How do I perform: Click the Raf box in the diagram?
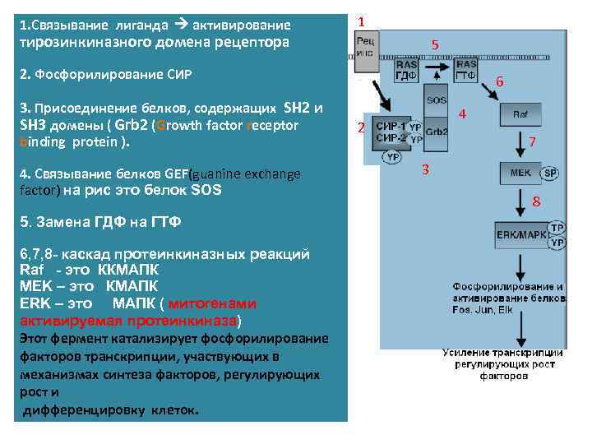520,115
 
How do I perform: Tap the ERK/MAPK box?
520,234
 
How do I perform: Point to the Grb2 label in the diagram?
437,132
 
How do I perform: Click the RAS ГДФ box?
407,70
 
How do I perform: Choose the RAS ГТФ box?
466,70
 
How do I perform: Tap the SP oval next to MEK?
550,173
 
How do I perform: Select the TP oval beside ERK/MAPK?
557,228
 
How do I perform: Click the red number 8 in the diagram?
535,202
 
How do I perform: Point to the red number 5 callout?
435,44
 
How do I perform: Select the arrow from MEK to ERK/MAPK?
520,203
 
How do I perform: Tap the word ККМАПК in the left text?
128,270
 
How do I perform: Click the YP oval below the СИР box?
394,156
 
